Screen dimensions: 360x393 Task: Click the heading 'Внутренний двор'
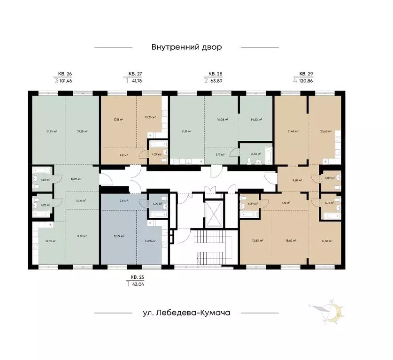[186, 47]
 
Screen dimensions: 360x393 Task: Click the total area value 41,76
[136, 81]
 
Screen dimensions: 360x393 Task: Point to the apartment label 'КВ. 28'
[215, 74]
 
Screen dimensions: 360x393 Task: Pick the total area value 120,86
[308, 81]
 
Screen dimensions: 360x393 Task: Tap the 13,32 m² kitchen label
[50, 241]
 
